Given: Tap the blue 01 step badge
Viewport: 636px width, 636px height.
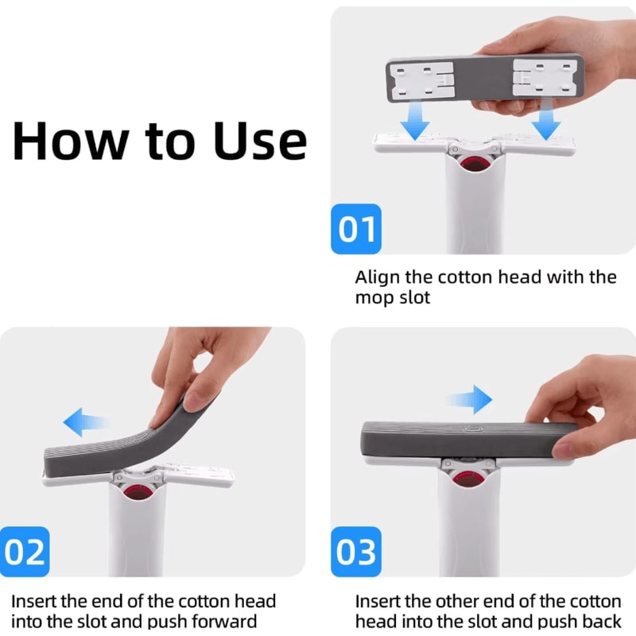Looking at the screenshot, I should pos(356,229).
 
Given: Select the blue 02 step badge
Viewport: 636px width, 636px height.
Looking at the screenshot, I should pos(26,551).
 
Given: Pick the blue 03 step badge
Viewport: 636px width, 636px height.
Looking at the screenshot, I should pos(356,551).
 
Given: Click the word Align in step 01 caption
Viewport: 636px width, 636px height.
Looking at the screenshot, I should pos(378,277).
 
